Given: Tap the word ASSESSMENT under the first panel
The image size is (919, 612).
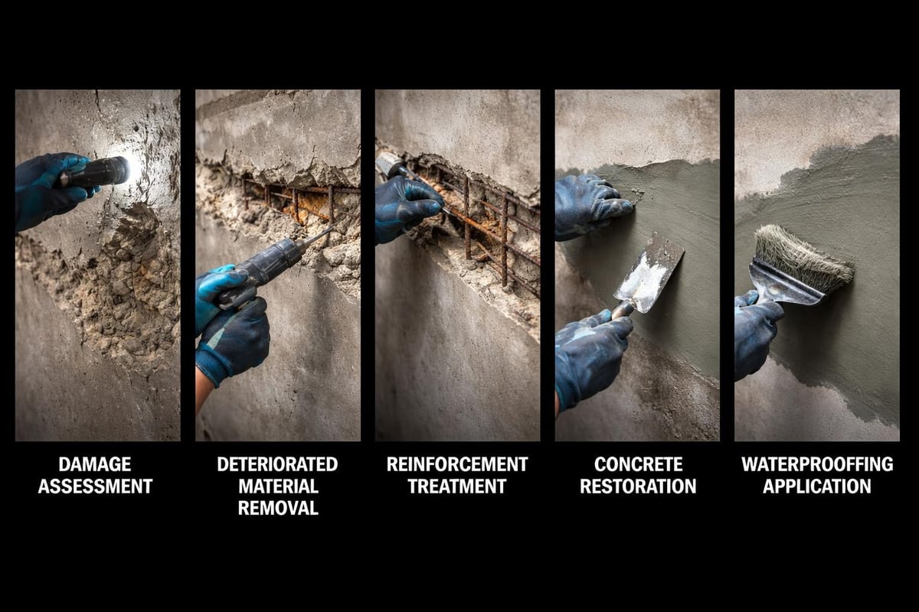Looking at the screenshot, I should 95,487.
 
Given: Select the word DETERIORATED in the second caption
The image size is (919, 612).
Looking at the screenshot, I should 277,464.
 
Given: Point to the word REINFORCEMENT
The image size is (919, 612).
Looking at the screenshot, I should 457,464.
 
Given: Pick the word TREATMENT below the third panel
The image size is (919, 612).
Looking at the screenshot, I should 457,487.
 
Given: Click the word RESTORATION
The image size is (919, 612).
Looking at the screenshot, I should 637,487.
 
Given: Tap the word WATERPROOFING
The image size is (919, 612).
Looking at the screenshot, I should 817,464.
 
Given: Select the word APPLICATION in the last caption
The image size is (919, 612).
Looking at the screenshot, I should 817,487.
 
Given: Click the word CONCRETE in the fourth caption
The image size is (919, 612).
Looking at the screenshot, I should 637,464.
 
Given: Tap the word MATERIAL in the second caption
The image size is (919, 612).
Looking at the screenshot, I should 277,487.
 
